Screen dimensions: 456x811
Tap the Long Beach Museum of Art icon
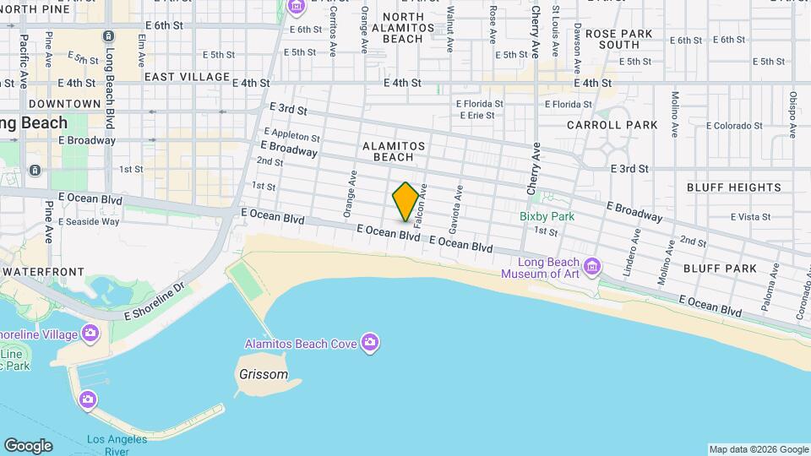click(x=592, y=268)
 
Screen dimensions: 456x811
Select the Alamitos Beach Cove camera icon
click(x=369, y=342)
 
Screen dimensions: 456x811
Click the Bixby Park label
click(x=547, y=216)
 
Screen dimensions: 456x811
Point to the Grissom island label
click(x=262, y=374)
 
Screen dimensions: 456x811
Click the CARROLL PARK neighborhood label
click(x=612, y=125)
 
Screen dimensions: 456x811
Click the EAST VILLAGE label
click(x=187, y=77)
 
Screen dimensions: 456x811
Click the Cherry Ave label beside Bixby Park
click(x=534, y=169)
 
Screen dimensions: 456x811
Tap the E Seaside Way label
click(x=88, y=222)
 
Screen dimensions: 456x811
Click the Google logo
click(x=27, y=445)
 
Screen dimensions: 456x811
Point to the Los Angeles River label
click(x=117, y=444)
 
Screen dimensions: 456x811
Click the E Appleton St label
click(x=292, y=135)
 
